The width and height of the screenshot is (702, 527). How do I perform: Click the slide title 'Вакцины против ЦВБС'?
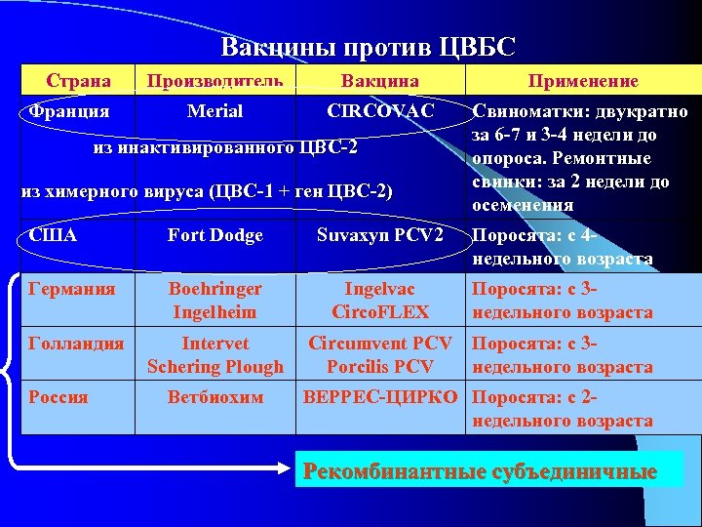tap(368, 47)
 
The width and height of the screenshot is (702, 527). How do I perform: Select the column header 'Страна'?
tap(79, 80)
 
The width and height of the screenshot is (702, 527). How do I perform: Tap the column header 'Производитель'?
tap(214, 80)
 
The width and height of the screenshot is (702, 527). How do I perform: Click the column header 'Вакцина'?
tap(379, 81)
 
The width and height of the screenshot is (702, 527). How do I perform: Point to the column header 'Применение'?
tap(583, 81)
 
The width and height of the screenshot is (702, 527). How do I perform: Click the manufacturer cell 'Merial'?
tap(214, 111)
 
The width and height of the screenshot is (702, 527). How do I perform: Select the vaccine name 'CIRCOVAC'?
tap(380, 111)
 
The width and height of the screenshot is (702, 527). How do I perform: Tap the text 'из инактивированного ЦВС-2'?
tap(225, 147)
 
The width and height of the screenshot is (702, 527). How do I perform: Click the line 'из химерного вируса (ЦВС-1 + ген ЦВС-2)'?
tap(207, 191)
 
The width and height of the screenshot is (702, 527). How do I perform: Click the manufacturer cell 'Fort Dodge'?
tap(214, 235)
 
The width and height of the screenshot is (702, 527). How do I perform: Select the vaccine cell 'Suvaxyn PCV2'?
tap(380, 235)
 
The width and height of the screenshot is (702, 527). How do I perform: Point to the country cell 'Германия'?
tap(72, 290)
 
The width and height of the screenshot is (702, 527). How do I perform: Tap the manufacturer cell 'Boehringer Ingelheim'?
tap(214, 301)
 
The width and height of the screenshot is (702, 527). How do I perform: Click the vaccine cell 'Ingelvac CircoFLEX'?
tap(380, 301)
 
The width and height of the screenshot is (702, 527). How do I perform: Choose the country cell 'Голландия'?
tap(76, 344)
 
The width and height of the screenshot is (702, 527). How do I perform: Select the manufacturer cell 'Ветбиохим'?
tap(214, 398)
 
